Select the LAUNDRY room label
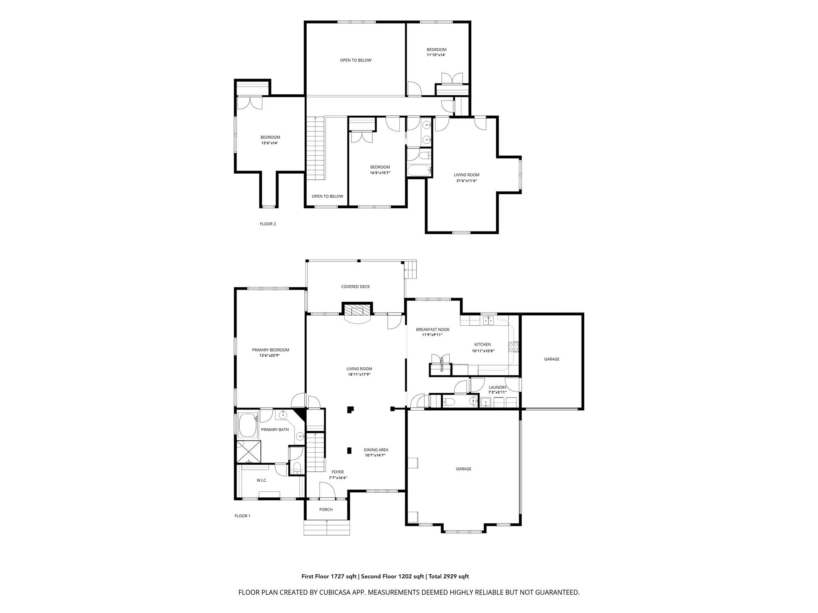497,387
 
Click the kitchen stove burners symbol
513,347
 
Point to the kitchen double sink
488,320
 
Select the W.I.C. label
262,480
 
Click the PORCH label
326,509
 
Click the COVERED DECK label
355,287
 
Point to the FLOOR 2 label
268,224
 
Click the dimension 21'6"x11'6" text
467,181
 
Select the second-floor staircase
315,150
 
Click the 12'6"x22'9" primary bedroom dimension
270,355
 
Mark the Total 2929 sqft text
449,576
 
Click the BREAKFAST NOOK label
433,330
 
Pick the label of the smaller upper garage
552,359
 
